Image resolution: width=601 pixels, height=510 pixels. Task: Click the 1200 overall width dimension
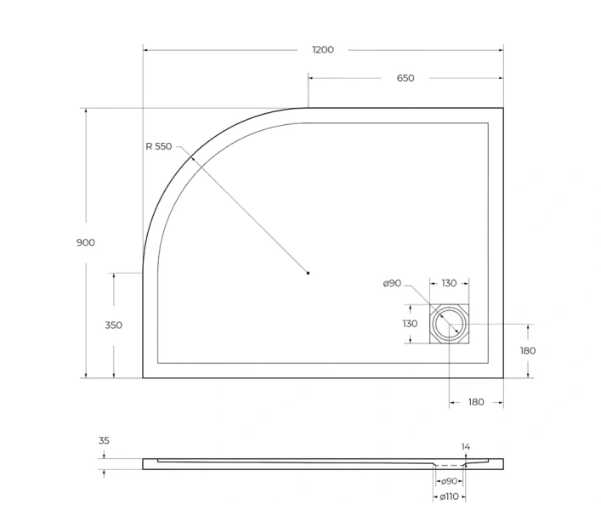coord(323,50)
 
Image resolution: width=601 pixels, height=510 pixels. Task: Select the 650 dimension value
coord(405,78)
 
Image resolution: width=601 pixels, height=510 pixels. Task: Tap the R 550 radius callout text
coord(158,146)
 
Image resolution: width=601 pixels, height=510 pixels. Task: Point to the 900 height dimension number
coord(86,242)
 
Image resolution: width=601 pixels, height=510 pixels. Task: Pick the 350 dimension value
coord(113,325)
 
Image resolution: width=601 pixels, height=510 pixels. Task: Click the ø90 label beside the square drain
coord(392,283)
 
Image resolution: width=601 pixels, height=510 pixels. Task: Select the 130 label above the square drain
coord(449,283)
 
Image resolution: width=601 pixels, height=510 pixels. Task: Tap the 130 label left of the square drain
coord(410,323)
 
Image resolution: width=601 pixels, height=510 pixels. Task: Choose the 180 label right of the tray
coord(528,350)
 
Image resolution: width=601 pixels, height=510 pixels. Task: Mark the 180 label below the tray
coord(475,402)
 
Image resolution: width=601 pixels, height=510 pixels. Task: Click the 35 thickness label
coord(104,440)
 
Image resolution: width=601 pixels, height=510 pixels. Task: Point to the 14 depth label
coord(465,446)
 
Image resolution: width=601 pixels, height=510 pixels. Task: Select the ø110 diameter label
coord(449,496)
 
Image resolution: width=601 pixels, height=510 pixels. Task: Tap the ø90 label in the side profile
coord(449,481)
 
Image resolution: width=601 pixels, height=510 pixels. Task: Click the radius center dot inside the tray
coord(308,273)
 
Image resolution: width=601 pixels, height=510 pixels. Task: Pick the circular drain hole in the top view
coord(449,324)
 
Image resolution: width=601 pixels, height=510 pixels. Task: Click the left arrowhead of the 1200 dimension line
coord(146,50)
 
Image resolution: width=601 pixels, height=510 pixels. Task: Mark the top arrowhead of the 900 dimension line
coord(86,111)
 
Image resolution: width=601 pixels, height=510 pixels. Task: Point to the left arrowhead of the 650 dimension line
coord(311,78)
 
